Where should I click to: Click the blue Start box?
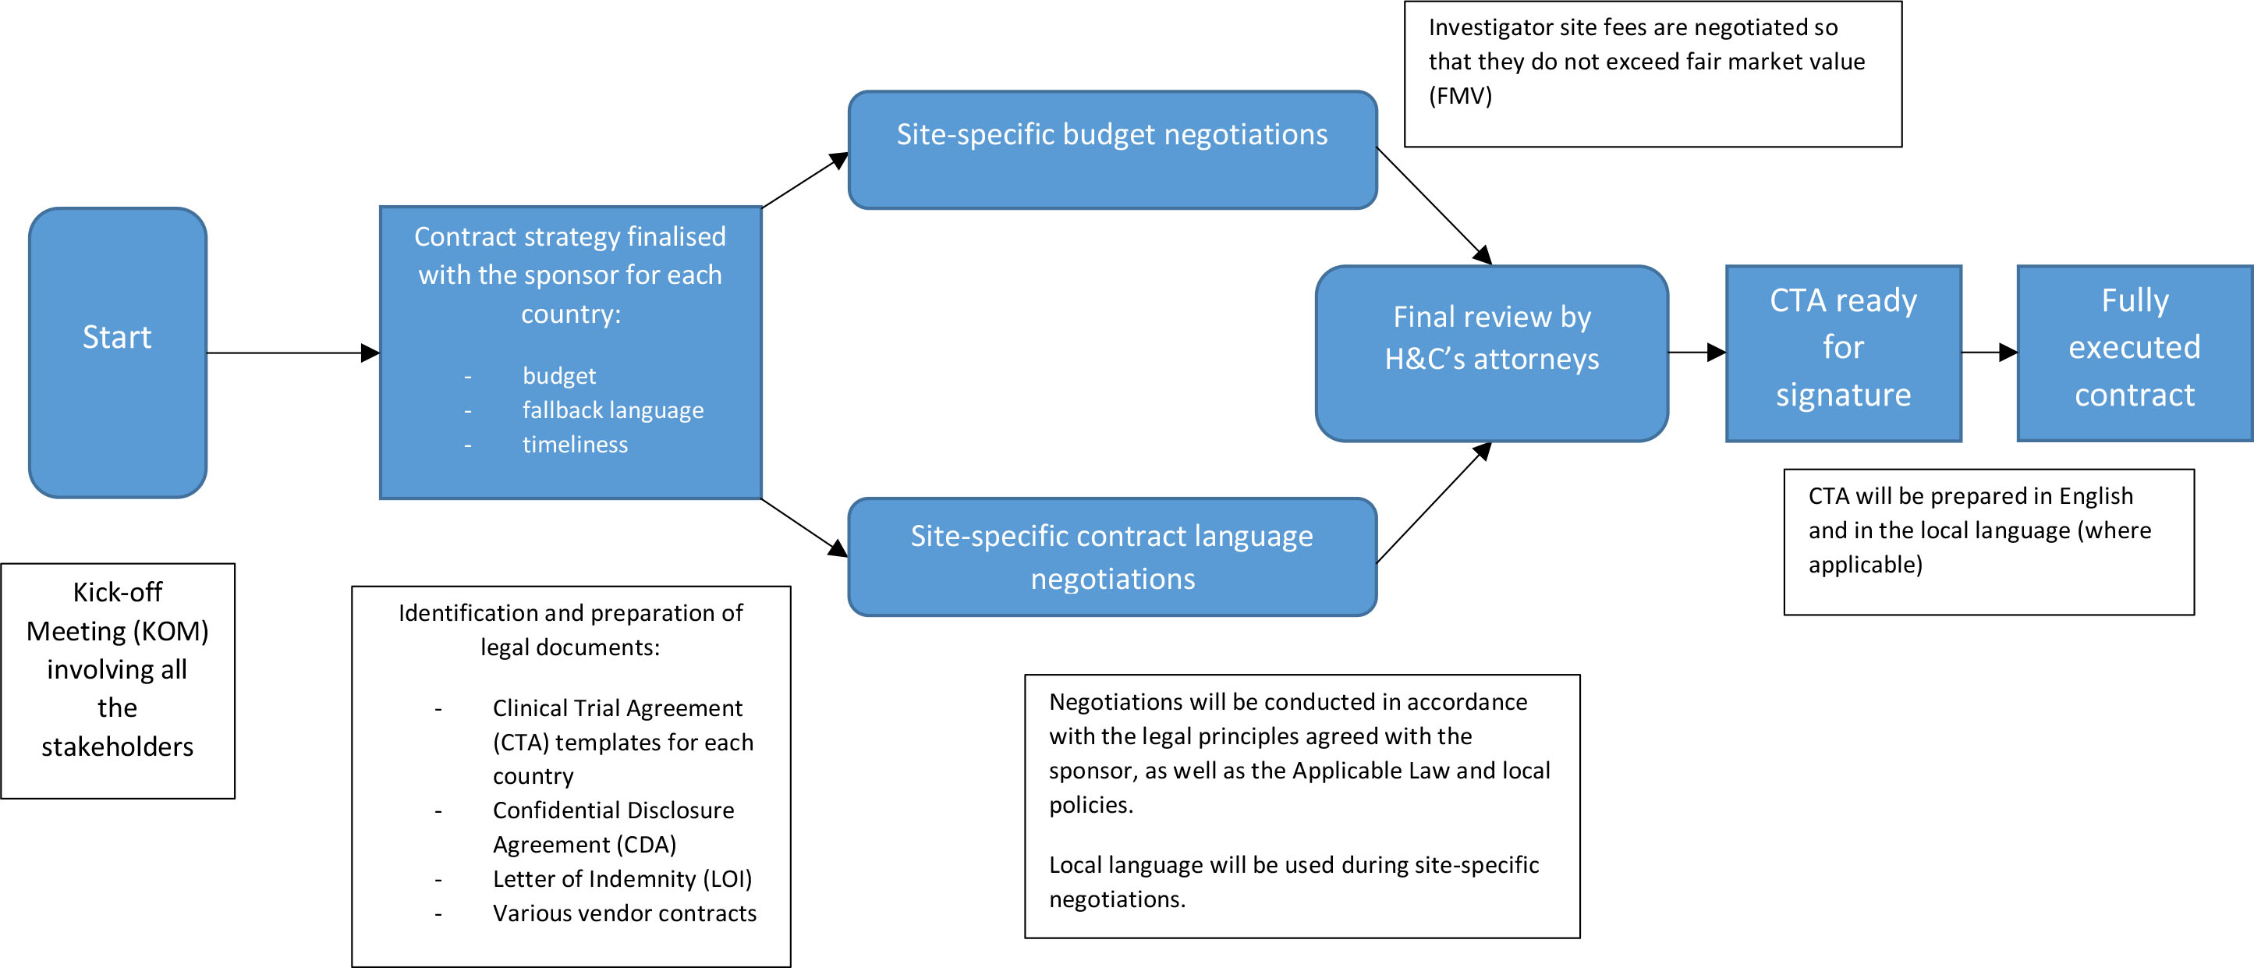(117, 353)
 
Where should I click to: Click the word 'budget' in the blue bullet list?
(558, 375)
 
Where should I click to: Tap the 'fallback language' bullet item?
(612, 410)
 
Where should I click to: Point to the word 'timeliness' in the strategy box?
(575, 445)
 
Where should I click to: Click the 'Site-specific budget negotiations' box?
(1112, 150)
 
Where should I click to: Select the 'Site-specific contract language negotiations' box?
(1112, 557)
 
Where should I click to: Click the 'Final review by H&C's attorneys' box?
(1491, 353)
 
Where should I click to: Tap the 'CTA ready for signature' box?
(1843, 353)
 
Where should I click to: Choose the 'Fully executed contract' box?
(2134, 353)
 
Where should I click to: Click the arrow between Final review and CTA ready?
(1696, 353)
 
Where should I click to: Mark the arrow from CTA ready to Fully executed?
(1988, 353)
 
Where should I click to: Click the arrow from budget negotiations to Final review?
(1434, 205)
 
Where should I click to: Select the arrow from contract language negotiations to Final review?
(1434, 503)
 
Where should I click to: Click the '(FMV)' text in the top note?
(1459, 95)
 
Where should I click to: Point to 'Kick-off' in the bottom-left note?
(117, 593)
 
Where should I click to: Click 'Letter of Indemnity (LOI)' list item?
(622, 879)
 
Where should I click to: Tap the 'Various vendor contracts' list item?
(624, 913)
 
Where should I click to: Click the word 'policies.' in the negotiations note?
(1090, 804)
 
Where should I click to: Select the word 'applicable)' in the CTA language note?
(1865, 565)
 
